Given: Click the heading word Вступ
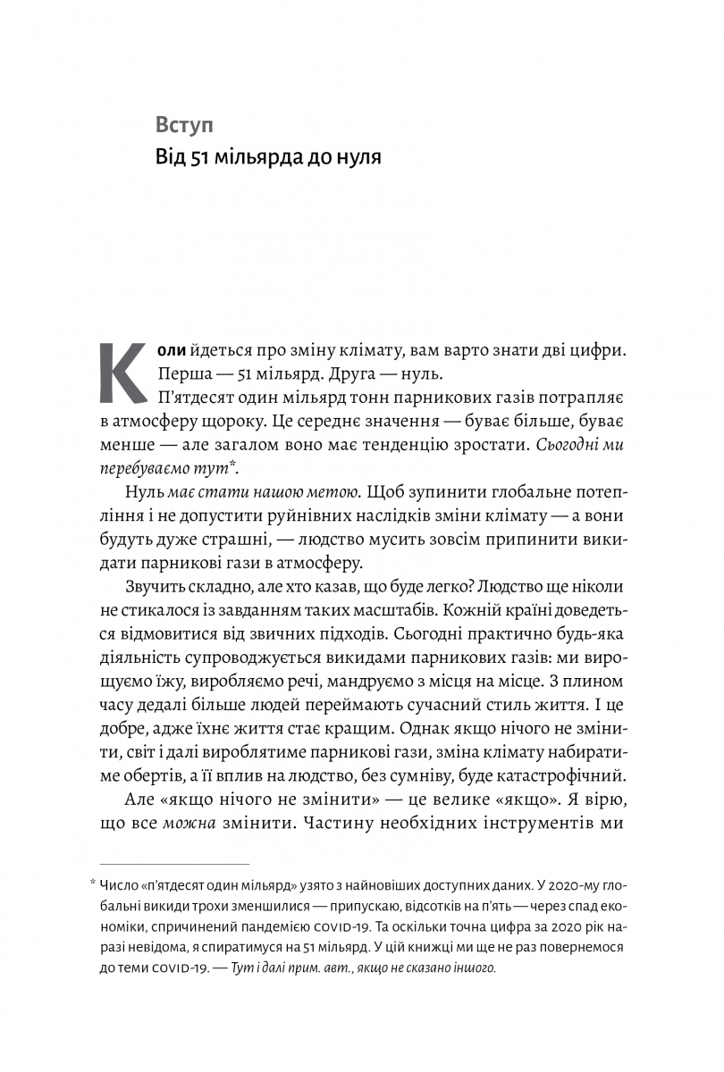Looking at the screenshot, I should coord(185,124).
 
